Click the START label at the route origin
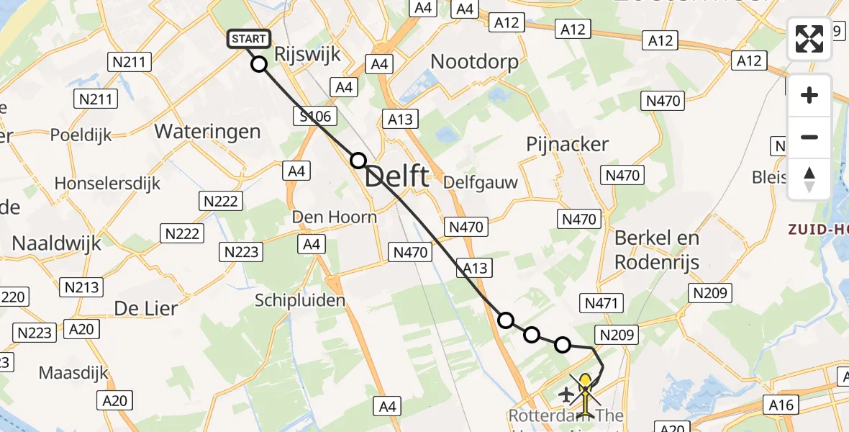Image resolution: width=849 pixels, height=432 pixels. coord(249,39)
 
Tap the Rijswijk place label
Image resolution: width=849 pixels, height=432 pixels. coord(308,53)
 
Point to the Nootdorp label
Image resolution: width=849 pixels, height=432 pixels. coord(474,62)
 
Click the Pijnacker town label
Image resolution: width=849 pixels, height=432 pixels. coord(567,144)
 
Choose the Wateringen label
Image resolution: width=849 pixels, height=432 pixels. coord(207,132)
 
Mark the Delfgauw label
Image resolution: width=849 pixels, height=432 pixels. coord(480,182)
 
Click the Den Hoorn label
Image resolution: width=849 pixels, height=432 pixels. coord(334,217)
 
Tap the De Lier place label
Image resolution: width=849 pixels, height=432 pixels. coord(146,309)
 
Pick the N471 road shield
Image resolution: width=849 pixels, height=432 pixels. coord(601,304)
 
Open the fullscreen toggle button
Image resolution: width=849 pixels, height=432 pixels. coord(809,39)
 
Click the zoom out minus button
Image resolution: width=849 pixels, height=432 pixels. coord(809,137)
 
